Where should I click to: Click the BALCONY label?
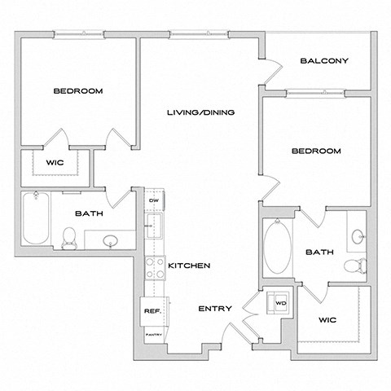click(324, 60)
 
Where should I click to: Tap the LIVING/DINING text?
click(200, 112)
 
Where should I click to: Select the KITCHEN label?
click(190, 266)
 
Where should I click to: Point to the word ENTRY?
click(215, 309)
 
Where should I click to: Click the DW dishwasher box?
click(152, 200)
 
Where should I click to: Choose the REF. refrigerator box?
click(152, 311)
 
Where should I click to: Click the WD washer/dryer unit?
click(281, 303)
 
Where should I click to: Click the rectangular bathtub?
click(35, 217)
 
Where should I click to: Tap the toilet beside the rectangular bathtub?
click(70, 237)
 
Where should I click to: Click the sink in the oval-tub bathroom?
click(358, 237)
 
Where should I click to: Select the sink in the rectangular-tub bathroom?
click(111, 240)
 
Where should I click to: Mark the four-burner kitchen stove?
click(152, 267)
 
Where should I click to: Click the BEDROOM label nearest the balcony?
click(315, 152)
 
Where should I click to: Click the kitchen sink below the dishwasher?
click(152, 225)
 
